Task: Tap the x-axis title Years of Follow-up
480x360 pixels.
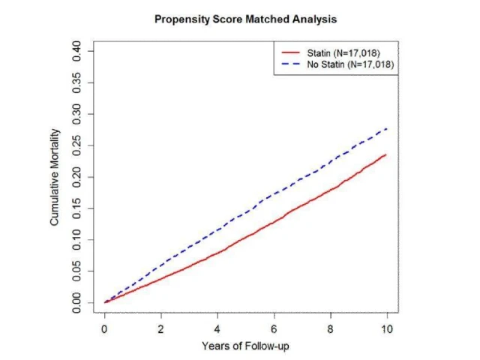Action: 244,346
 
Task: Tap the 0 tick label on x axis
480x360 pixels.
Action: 104,328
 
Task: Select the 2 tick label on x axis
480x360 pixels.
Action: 160,328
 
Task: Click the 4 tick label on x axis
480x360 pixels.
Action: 217,328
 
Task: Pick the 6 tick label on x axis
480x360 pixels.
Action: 274,328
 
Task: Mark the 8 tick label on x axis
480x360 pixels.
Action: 331,328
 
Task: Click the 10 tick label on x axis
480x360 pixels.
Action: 387,328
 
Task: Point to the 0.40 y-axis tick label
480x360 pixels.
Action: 78,51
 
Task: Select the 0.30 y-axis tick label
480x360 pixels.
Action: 78,114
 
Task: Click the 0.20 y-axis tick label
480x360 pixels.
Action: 78,177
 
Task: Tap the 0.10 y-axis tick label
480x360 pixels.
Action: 78,240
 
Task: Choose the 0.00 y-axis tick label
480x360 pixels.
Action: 78,302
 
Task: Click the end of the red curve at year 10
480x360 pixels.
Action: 387,154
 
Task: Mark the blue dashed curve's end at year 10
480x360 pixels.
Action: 387,128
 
